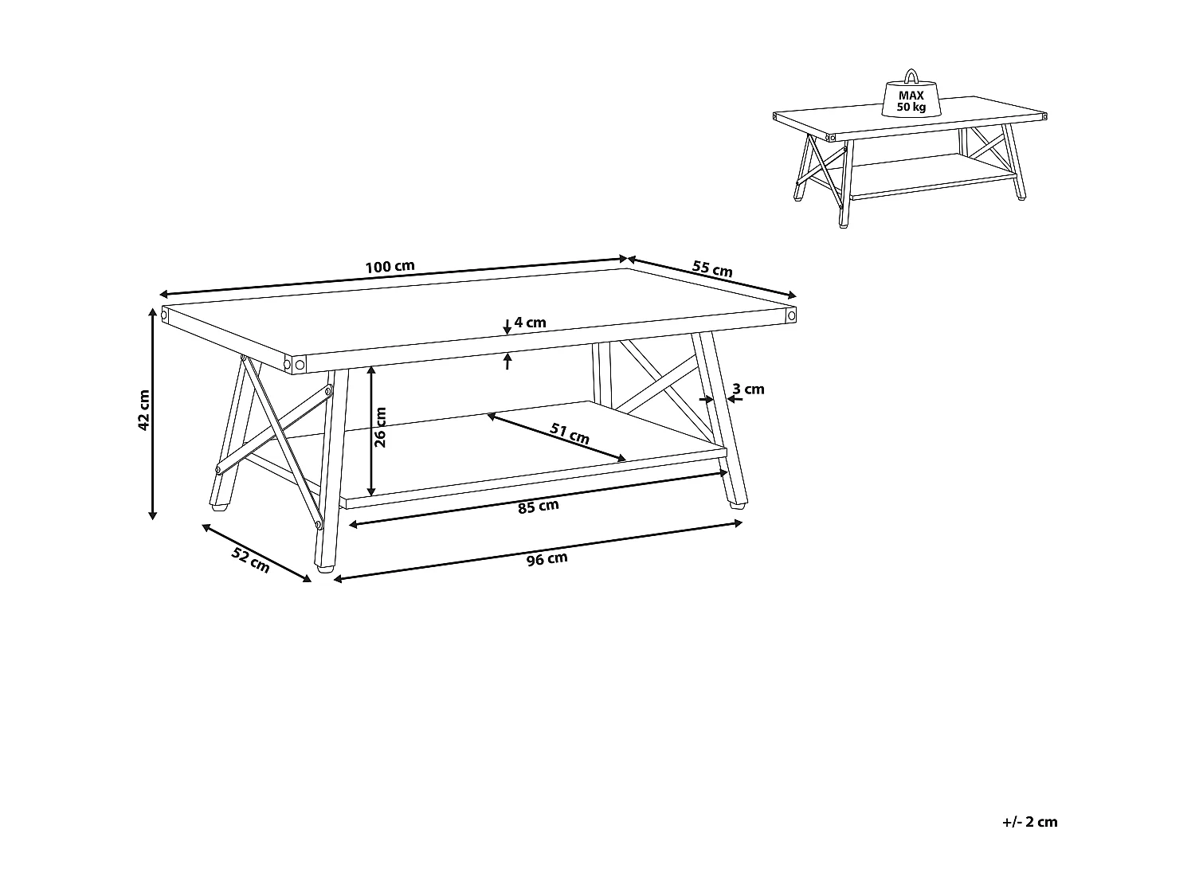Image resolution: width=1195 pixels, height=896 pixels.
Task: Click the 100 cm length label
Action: click(x=390, y=267)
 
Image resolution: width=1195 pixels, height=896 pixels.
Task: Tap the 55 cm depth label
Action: click(x=712, y=268)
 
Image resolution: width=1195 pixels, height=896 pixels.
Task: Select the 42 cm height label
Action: click(x=143, y=410)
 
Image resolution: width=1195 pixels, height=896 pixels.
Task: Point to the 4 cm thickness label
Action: click(x=530, y=323)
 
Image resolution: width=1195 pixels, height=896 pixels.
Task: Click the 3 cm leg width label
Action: click(x=748, y=389)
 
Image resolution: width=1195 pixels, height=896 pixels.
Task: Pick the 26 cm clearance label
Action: click(x=380, y=428)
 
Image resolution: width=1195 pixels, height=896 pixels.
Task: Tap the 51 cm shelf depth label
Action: click(x=570, y=433)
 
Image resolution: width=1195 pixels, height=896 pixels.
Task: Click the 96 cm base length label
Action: click(x=547, y=559)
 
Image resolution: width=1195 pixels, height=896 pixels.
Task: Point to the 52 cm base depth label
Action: click(x=250, y=561)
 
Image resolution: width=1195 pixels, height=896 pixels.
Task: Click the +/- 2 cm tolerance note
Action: click(x=1030, y=822)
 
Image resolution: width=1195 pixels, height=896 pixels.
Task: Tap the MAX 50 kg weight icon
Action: click(x=911, y=99)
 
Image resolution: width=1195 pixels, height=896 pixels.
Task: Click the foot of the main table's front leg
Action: click(x=325, y=569)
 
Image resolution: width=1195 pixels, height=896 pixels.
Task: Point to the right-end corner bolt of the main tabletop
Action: click(x=792, y=315)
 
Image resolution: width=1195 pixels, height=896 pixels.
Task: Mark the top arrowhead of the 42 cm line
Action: click(x=153, y=313)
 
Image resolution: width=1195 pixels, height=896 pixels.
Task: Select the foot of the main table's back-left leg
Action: click(x=220, y=508)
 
